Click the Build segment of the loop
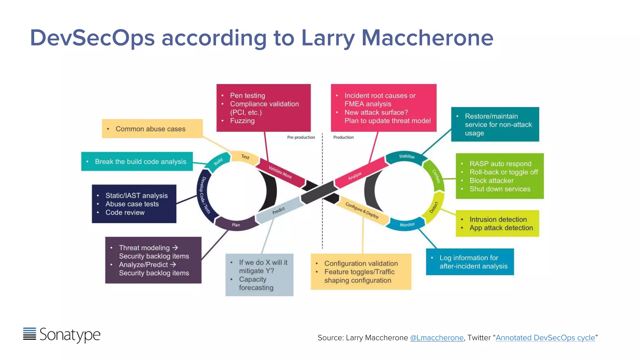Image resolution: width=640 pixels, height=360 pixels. pyautogui.click(x=218, y=162)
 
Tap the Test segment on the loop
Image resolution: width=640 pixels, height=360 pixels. pyautogui.click(x=245, y=157)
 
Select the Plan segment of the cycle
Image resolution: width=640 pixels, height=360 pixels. pyautogui.click(x=236, y=225)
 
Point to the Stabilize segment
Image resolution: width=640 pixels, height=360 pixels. pyautogui.click(x=407, y=156)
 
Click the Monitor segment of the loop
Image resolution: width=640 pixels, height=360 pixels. pyautogui.click(x=407, y=225)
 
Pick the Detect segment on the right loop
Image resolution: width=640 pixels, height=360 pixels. pyautogui.click(x=434, y=207)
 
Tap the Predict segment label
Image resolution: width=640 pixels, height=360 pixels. pyautogui.click(x=278, y=211)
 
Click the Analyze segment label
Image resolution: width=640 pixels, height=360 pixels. pyautogui.click(x=355, y=176)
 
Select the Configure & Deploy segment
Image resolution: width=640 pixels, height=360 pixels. pyautogui.click(x=362, y=210)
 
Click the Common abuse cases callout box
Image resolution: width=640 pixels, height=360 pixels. pyautogui.click(x=152, y=129)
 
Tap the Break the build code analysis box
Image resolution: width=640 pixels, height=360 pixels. pyautogui.click(x=137, y=162)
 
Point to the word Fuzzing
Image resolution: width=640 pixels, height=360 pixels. pyautogui.click(x=242, y=121)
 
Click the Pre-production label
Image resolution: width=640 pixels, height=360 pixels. pyautogui.click(x=301, y=137)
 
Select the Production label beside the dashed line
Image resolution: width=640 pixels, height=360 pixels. pyautogui.click(x=343, y=137)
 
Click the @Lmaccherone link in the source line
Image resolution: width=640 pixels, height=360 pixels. pyautogui.click(x=437, y=338)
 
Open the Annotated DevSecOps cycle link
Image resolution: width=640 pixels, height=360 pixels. pyautogui.click(x=545, y=338)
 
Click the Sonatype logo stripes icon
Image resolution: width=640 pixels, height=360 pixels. pyautogui.click(x=30, y=334)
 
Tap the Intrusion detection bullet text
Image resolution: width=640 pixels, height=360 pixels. pyautogui.click(x=498, y=219)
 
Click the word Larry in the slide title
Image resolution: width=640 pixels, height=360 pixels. pyautogui.click(x=328, y=38)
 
